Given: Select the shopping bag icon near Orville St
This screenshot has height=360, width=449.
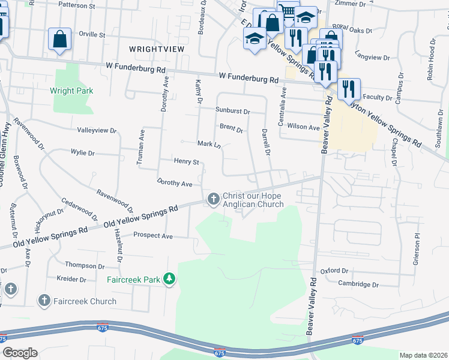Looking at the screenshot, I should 60,40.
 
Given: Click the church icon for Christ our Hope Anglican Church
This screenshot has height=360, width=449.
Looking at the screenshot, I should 212,199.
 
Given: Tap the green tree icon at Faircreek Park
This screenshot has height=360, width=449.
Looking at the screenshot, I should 170,279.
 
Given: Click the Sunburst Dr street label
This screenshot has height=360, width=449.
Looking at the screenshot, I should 232,111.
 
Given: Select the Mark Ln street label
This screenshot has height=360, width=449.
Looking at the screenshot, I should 209,144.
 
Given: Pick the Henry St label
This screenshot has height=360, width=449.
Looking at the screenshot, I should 186,161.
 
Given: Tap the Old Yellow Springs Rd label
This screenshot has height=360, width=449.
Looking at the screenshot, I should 142,218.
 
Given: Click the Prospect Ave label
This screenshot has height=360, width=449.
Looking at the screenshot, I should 153,236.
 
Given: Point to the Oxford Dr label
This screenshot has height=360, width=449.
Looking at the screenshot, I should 334,271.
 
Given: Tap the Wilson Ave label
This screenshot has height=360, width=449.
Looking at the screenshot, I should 304,127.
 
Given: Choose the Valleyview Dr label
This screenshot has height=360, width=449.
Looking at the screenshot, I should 96,130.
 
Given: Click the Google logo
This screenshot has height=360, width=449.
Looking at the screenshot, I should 20,353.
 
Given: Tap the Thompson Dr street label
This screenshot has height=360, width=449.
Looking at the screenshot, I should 85,265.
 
